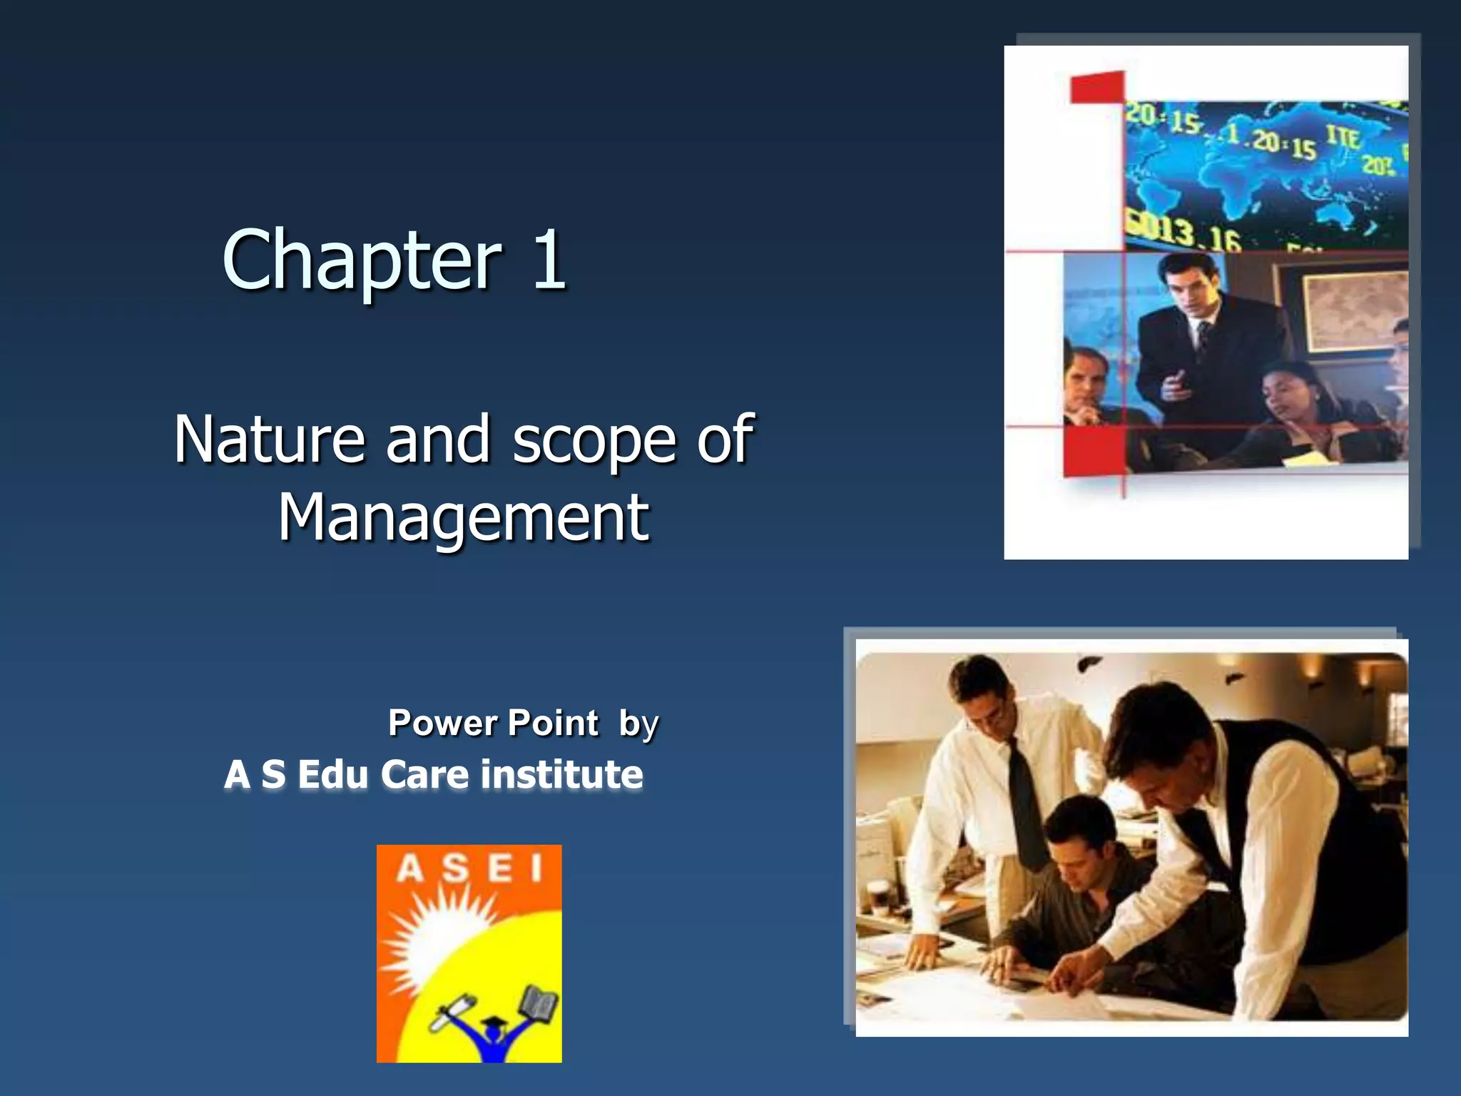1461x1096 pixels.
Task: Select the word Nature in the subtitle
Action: click(270, 439)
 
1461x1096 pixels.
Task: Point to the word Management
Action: click(464, 517)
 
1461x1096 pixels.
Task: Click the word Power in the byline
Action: click(442, 723)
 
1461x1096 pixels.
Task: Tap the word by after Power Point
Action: click(638, 724)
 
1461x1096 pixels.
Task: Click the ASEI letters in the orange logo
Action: click(469, 870)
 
